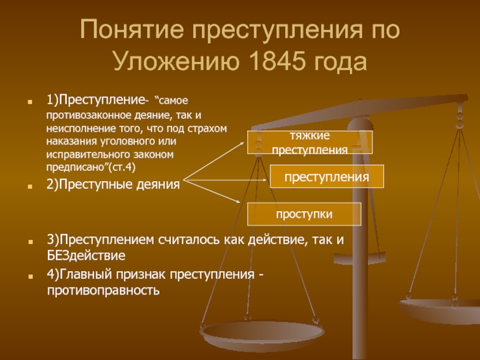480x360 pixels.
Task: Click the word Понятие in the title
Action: click(x=131, y=29)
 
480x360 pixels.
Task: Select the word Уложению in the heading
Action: click(x=176, y=61)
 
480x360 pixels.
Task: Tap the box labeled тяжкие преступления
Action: click(x=310, y=142)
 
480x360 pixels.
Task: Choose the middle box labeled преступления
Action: click(x=326, y=176)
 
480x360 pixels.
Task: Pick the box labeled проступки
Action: click(x=304, y=214)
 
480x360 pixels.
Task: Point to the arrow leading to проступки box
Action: click(x=212, y=191)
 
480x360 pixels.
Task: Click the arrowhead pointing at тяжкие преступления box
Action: click(x=242, y=143)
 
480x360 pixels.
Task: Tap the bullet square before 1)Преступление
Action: click(x=29, y=102)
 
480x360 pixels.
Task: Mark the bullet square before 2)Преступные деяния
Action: click(x=29, y=186)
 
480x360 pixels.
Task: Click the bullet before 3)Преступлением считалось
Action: click(x=30, y=242)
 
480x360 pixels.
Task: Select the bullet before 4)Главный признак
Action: click(x=30, y=277)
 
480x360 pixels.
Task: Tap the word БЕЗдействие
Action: click(x=86, y=256)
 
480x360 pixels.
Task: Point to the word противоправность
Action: click(x=103, y=290)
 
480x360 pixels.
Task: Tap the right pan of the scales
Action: click(x=439, y=310)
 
